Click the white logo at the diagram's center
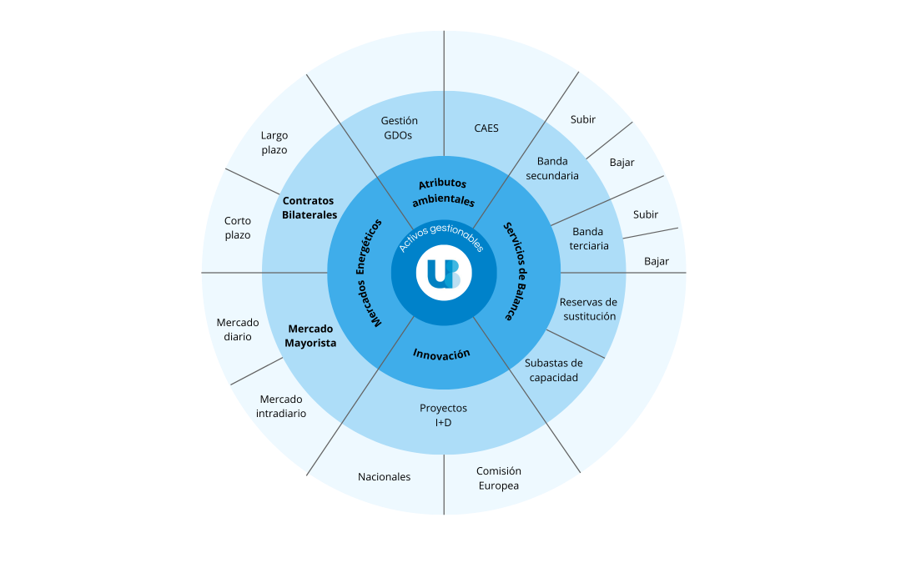[x=444, y=273]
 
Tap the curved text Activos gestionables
[x=441, y=235]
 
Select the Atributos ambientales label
[x=443, y=192]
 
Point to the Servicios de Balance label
[x=516, y=271]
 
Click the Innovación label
[x=441, y=354]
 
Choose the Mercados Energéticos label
[x=369, y=273]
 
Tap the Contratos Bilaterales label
[x=310, y=208]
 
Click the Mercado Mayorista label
[x=310, y=335]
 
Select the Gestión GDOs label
[x=399, y=128]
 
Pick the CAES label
[x=486, y=128]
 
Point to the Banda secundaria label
[x=552, y=168]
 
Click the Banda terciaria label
[x=588, y=239]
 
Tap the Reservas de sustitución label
[x=589, y=309]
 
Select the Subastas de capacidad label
[x=553, y=370]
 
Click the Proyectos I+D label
[x=443, y=415]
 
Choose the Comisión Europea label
[x=499, y=478]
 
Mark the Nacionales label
[x=385, y=477]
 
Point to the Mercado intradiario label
[x=281, y=406]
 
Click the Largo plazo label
[x=274, y=143]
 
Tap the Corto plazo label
[x=237, y=228]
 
